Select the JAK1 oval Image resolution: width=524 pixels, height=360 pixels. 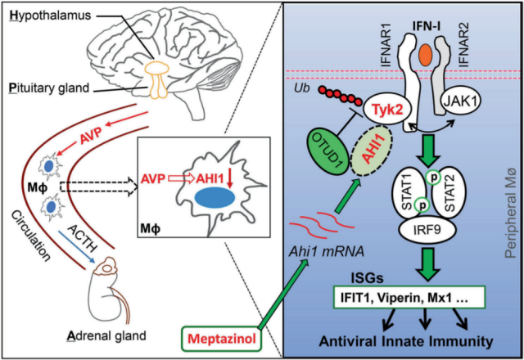(461, 101)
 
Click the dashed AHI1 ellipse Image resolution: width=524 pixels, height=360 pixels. (372, 150)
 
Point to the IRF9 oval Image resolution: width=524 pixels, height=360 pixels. (427, 231)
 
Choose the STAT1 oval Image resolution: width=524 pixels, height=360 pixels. (409, 194)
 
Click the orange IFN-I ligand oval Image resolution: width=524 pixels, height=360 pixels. (427, 55)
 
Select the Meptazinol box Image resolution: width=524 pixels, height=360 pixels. (222, 339)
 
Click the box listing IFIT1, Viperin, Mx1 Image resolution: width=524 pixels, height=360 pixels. (409, 297)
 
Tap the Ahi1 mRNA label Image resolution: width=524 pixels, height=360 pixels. (326, 251)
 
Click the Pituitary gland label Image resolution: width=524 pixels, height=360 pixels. (49, 88)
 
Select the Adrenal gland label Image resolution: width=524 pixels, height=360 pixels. (107, 335)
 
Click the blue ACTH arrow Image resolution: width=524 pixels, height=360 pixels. (76, 246)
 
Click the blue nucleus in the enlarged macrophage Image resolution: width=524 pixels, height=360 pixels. (215, 198)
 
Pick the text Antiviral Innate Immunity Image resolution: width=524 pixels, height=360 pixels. (406, 341)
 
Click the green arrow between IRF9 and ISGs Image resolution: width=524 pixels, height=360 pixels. (427, 263)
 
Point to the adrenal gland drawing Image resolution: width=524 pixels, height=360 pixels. (107, 291)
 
